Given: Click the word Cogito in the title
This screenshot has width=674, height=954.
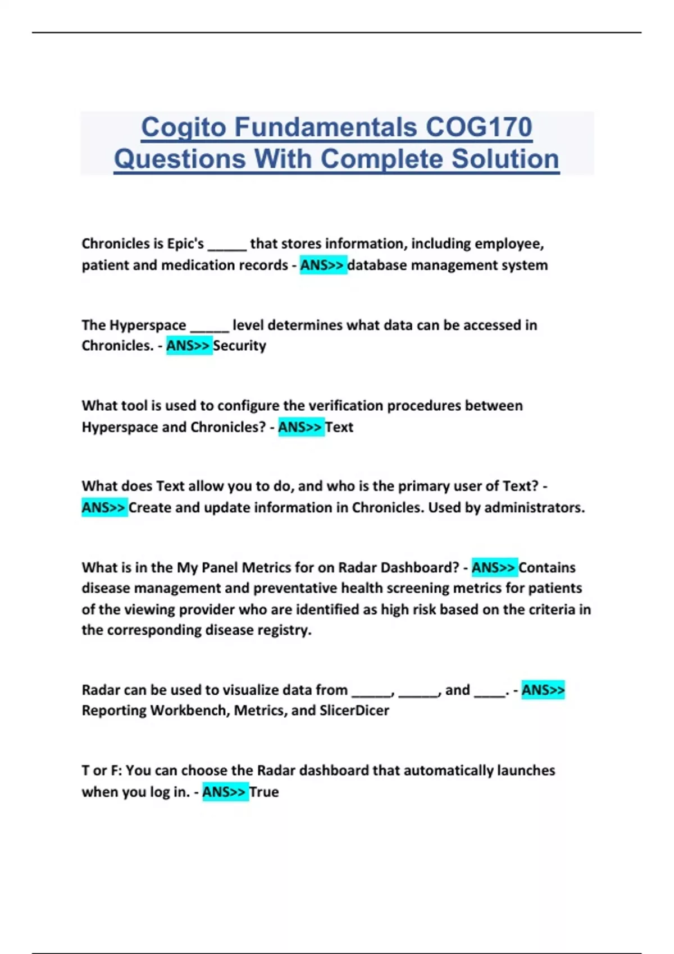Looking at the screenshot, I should (184, 127).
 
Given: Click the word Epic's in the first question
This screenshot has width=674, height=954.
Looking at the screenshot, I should (186, 244).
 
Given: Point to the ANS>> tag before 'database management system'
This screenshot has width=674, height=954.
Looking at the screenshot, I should (322, 265).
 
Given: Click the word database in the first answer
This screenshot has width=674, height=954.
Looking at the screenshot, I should (377, 265).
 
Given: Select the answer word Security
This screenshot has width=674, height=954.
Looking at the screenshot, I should (239, 346).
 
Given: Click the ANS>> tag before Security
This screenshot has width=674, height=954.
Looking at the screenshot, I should (189, 346).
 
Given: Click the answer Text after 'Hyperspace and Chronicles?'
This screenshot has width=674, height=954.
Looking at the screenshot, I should (339, 427).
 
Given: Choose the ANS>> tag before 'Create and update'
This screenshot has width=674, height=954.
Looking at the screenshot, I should (104, 507).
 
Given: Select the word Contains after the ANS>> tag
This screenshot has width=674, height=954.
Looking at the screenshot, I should (547, 567).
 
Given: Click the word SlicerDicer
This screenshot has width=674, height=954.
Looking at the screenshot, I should (354, 710).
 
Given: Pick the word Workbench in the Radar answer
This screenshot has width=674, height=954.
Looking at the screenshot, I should (188, 710).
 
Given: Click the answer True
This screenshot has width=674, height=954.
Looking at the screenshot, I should (264, 792).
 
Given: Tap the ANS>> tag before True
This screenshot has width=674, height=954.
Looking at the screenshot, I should (225, 792).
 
